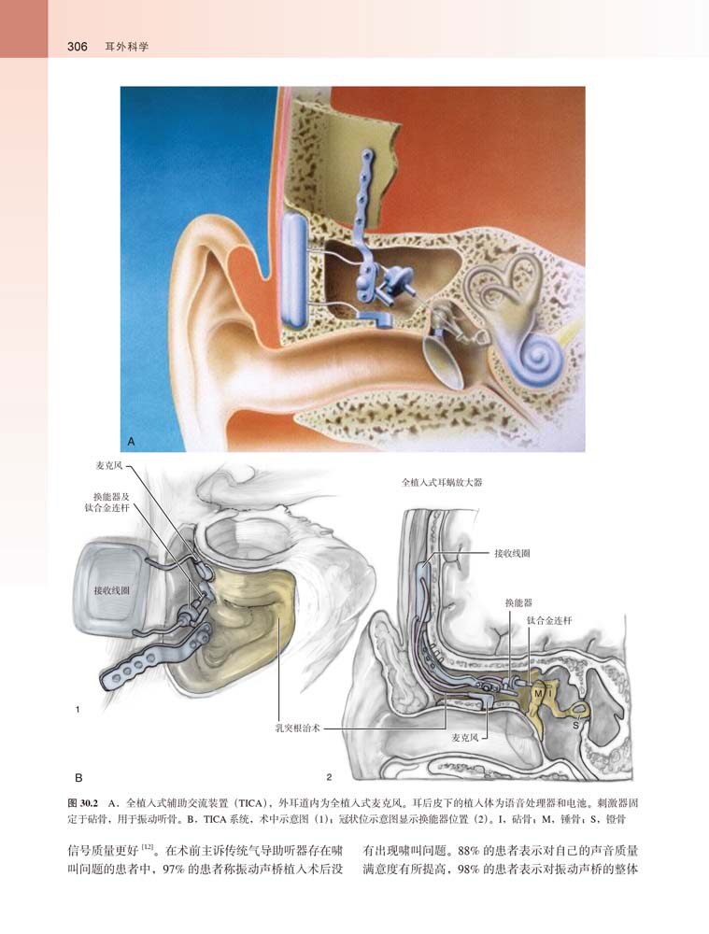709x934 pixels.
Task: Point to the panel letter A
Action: tap(132, 439)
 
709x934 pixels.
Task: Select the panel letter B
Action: tap(79, 777)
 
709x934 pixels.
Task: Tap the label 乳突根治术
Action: tap(297, 725)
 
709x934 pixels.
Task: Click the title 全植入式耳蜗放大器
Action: tap(441, 483)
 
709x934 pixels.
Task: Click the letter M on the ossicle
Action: tap(538, 693)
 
